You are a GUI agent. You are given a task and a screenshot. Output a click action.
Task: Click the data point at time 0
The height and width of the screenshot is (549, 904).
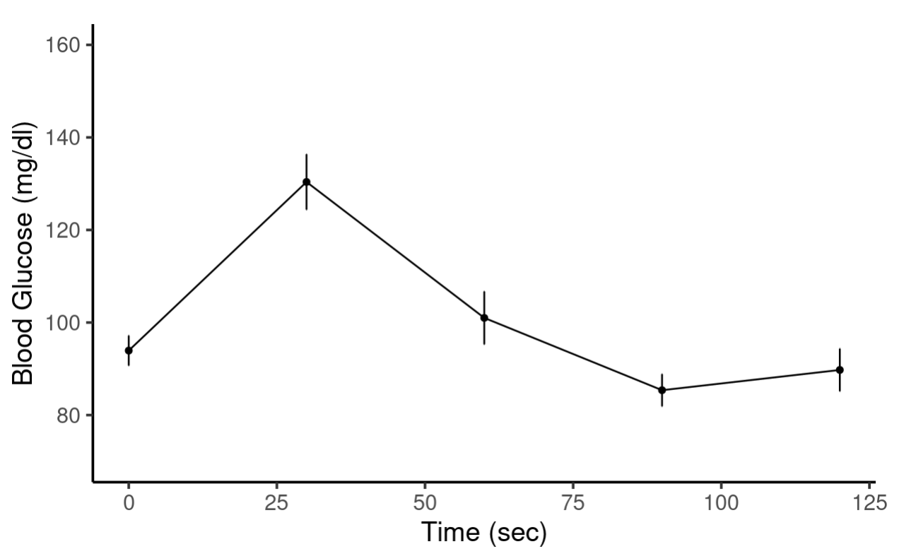[129, 350]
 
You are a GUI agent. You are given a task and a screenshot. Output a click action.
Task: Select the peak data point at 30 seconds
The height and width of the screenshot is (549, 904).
[306, 182]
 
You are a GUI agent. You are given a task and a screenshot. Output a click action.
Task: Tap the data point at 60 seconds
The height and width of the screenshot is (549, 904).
[484, 318]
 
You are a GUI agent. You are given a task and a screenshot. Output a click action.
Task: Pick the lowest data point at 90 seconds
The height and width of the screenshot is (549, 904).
[662, 390]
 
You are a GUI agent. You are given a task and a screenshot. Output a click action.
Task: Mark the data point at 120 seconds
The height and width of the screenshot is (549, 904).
[840, 370]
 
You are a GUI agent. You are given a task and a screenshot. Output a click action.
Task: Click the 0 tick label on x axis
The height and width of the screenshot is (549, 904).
[129, 502]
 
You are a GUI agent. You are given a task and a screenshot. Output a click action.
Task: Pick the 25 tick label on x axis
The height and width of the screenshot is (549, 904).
[276, 502]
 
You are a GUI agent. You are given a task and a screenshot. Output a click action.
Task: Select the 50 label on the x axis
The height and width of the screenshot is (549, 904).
[425, 502]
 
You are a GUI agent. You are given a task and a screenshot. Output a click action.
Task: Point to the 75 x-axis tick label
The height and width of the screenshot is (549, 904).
[573, 502]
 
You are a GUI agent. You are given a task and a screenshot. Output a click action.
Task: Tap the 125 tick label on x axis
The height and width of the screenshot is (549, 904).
[869, 502]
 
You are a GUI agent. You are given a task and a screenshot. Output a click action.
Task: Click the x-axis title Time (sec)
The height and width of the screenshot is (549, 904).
[483, 532]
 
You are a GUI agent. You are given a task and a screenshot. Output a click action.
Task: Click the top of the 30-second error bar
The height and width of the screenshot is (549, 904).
[306, 155]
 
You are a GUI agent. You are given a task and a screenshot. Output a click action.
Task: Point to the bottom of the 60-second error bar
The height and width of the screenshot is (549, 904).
[484, 343]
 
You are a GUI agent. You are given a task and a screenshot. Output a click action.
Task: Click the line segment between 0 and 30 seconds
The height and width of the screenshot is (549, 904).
[218, 266]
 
